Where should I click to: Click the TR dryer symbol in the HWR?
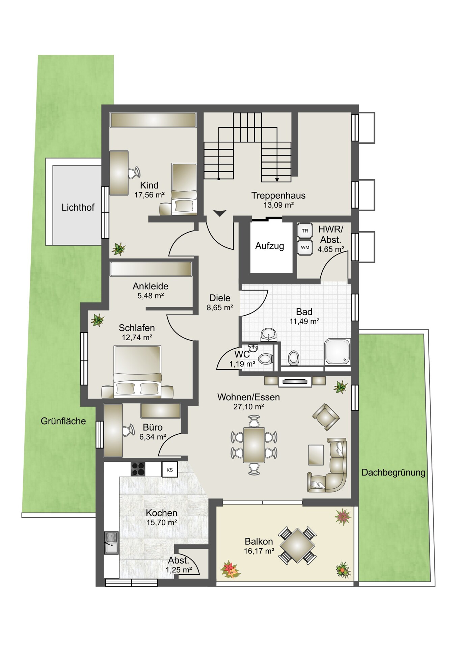coord(305,231)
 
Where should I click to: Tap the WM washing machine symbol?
coord(305,247)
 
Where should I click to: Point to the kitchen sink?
coord(111,543)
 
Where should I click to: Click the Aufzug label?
coord(269,246)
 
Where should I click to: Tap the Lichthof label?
coord(78,207)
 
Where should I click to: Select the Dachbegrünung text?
coord(394,473)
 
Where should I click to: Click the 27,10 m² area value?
coord(249,407)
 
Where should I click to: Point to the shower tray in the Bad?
coord(337,352)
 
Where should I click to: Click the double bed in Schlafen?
coord(137,370)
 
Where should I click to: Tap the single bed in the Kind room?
coord(184,189)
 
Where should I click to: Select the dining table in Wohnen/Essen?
coord(254,445)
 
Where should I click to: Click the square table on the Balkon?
coord(297,545)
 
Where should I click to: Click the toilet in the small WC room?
coord(266,358)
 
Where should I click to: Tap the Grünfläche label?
coord(63,421)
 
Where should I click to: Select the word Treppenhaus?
coord(278,195)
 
